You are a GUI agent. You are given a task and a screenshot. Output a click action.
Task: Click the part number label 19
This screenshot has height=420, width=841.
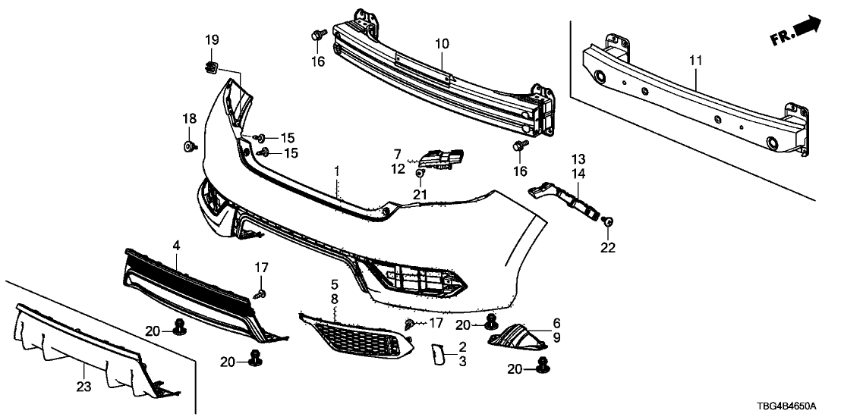(212, 39)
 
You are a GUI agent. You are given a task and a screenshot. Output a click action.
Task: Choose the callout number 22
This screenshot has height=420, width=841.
(609, 247)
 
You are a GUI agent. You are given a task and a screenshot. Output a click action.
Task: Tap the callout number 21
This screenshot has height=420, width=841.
(420, 195)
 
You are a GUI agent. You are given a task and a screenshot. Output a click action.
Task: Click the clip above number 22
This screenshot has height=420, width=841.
(608, 221)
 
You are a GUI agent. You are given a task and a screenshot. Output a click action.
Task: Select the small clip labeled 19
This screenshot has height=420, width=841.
(212, 68)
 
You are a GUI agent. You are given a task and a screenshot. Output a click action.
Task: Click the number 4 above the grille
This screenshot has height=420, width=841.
(176, 245)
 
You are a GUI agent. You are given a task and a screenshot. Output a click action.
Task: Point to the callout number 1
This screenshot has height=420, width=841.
(337, 174)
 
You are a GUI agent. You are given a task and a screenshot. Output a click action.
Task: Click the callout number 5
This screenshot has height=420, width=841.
(333, 285)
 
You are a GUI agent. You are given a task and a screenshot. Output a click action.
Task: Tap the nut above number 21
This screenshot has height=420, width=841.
(420, 176)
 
